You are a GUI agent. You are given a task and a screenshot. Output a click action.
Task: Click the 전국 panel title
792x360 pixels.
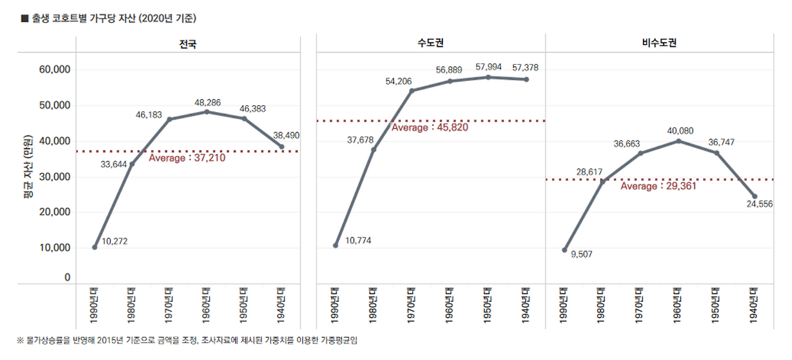click(187, 44)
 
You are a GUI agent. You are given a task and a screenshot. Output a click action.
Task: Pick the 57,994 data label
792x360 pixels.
click(488, 67)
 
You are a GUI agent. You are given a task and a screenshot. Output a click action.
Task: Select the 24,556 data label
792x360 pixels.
click(759, 204)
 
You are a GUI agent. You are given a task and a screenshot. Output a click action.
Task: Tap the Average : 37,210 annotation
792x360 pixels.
click(187, 158)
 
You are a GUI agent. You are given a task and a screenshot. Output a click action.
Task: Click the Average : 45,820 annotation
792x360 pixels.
click(429, 127)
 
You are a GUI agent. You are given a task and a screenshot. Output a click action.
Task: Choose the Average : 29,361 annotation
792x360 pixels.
click(658, 186)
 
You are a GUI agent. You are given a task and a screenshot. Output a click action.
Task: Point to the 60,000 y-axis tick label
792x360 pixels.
click(54, 70)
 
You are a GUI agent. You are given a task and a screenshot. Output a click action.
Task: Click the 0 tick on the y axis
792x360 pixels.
click(67, 278)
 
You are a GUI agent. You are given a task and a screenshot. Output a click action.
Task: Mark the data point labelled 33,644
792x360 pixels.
click(131, 164)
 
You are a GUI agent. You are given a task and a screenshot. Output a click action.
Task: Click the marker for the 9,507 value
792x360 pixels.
click(564, 250)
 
